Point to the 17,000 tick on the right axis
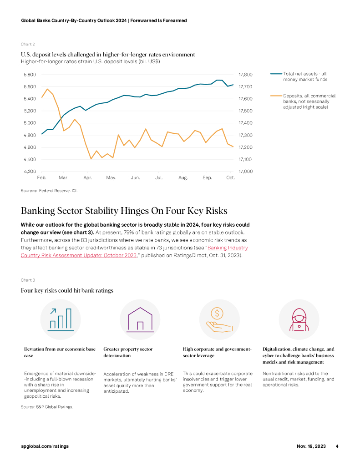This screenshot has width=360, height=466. pyautogui.click(x=246, y=172)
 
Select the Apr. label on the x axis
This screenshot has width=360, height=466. pyautogui.click(x=88, y=177)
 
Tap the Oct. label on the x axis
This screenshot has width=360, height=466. pyautogui.click(x=230, y=177)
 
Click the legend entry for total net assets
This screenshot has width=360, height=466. pyautogui.click(x=304, y=76)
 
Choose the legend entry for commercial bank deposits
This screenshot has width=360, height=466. pyautogui.click(x=309, y=101)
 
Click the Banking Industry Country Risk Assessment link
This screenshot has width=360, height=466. pyautogui.click(x=227, y=248)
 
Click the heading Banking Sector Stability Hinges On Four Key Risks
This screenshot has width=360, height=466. pyautogui.click(x=124, y=211)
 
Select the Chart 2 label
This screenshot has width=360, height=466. pyautogui.click(x=28, y=44)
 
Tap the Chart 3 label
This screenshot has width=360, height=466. pyautogui.click(x=28, y=280)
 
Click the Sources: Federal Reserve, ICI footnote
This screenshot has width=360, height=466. pyautogui.click(x=49, y=191)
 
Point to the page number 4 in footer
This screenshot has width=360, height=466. pyautogui.click(x=337, y=446)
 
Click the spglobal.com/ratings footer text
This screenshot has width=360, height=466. pyautogui.click(x=45, y=446)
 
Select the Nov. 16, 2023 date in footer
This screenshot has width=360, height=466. pyautogui.click(x=308, y=446)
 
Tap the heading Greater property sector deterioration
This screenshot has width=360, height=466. pyautogui.click(x=128, y=352)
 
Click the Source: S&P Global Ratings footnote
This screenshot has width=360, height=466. pyautogui.click(x=47, y=407)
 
